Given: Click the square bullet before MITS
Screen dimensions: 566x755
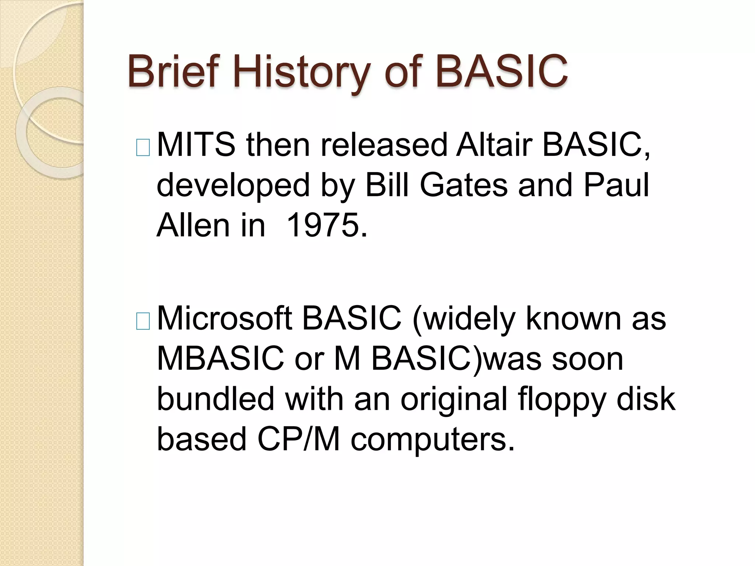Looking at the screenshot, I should click(x=143, y=148).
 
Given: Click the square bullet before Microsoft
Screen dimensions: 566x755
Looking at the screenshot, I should click(x=143, y=321).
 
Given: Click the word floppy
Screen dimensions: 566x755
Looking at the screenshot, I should click(x=562, y=400).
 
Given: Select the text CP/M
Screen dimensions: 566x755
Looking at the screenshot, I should click(x=298, y=439).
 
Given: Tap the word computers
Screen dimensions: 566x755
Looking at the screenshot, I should click(x=432, y=440).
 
